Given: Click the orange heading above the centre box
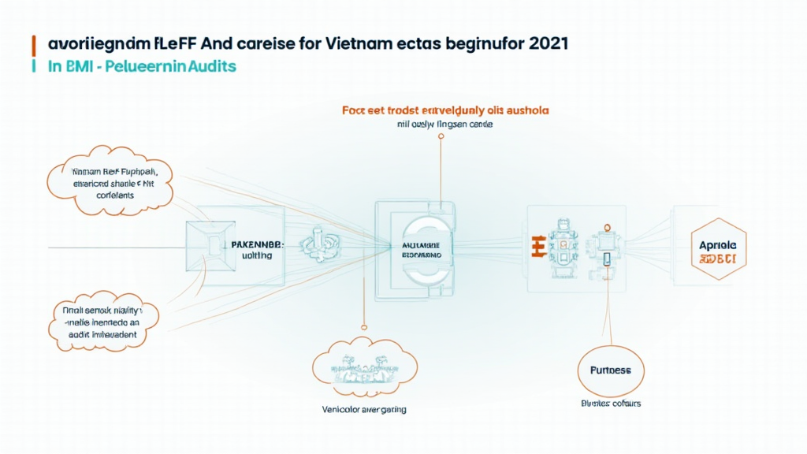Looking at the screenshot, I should [x=445, y=110].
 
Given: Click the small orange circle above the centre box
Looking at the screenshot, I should [x=441, y=136].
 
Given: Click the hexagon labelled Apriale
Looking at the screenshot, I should [x=717, y=250].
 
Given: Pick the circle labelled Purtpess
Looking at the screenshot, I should [x=605, y=370].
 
